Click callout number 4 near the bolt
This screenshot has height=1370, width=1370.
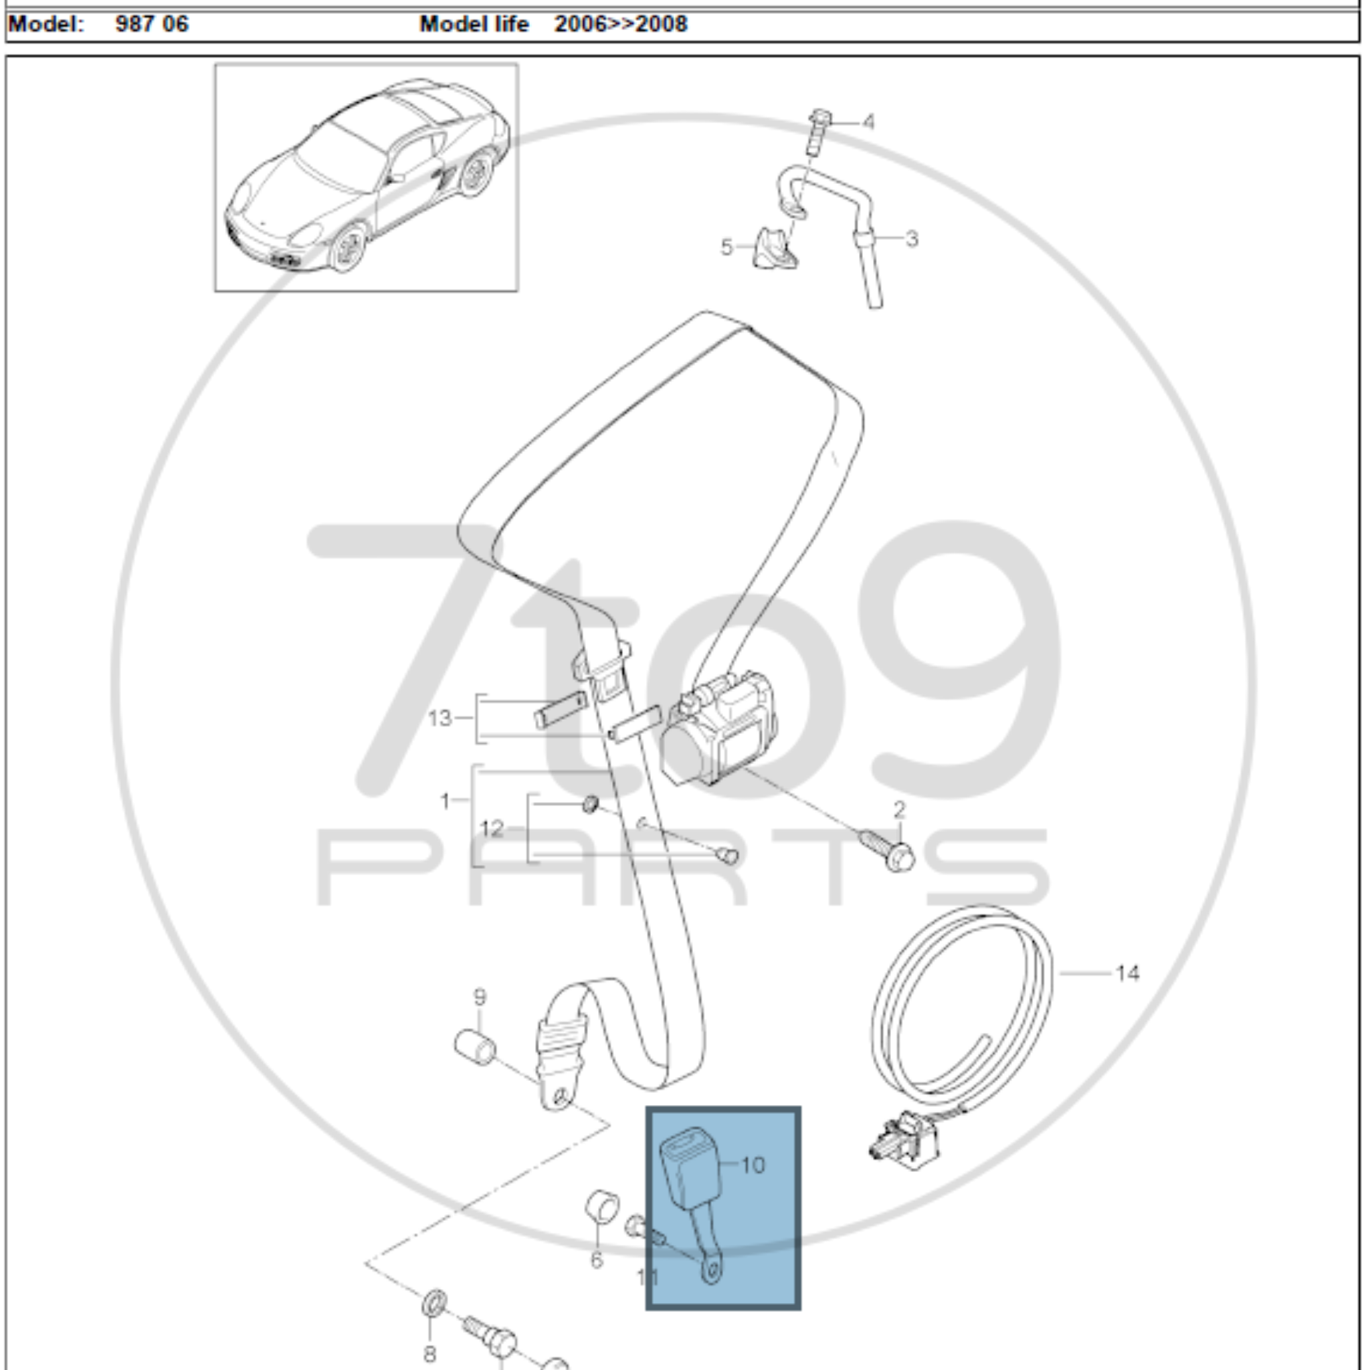point(869,122)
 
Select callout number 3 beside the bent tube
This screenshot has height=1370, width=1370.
point(912,239)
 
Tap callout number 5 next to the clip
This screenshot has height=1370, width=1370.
point(726,248)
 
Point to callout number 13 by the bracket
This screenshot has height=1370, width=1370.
point(439,718)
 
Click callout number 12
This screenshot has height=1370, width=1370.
point(492,828)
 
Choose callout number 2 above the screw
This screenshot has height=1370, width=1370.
point(899,809)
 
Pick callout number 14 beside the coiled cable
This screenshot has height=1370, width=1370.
point(1127,973)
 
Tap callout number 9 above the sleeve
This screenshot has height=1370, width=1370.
point(480,997)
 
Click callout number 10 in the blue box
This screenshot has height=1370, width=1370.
point(753,1165)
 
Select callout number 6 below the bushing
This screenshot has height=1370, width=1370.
point(596,1260)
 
